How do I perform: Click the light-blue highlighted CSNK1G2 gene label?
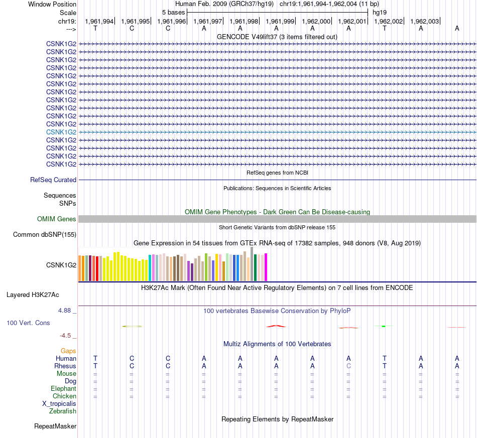pos(61,132)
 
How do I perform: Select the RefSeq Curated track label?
pos(53,180)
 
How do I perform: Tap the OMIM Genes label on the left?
pos(57,219)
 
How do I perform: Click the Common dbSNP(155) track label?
pos(45,234)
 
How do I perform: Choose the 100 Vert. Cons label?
pos(29,323)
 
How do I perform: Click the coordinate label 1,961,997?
pos(207,21)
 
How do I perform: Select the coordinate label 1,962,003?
pos(424,21)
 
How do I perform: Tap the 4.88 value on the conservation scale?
pos(65,311)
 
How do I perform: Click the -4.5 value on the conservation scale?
pos(66,335)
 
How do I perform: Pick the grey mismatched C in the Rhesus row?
pos(348,366)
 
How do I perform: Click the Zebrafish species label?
pos(63,411)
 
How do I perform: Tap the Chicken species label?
pos(64,396)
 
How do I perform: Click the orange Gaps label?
pos(68,351)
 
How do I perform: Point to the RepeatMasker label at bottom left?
pos(55,426)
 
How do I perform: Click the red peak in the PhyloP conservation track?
pos(276,326)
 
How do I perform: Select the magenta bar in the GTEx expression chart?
pos(266,267)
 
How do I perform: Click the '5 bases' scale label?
pos(173,12)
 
